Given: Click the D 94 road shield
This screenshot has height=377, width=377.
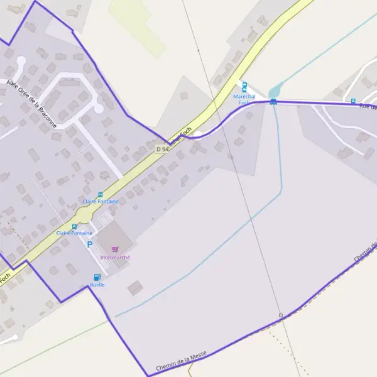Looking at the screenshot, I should tap(162, 149).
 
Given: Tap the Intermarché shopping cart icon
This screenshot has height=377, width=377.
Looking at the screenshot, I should tap(114, 249).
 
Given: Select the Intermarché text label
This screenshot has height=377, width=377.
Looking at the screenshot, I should tap(115, 257).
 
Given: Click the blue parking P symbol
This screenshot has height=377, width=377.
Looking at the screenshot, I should tap(90, 244).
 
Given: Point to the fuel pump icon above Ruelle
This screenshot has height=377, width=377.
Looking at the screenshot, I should tap(97, 277).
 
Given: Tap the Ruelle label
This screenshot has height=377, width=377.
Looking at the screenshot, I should tap(97, 285).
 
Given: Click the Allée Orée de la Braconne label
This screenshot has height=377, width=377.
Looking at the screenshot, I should tap(30, 105).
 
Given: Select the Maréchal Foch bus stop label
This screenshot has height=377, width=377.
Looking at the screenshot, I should tap(244, 99).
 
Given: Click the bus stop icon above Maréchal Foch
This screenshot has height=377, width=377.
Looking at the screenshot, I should tap(244, 87).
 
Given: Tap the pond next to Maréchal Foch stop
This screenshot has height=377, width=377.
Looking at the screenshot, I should tap(275, 92).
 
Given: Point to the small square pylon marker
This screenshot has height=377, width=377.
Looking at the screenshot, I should tap(281, 315).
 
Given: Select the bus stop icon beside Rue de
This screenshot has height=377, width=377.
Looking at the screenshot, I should tap(353, 101).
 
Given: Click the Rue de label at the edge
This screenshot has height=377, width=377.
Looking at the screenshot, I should tap(368, 106).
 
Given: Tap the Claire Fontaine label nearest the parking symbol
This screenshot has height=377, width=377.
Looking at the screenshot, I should tap(74, 233).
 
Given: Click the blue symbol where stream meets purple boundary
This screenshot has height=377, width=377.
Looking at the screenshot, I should tap(273, 102).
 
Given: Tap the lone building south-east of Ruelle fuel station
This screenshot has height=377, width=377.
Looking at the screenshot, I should tap(134, 288).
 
